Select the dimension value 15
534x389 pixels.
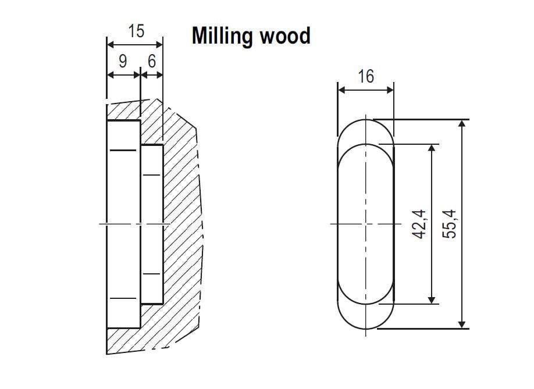click(136, 31)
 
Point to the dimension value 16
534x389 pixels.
click(366, 76)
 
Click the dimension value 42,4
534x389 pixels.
click(420, 224)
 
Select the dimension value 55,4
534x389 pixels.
click(451, 224)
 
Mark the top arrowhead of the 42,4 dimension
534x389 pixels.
click(432, 148)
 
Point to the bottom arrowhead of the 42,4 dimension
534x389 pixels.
click(432, 299)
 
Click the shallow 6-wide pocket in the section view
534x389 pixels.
click(151, 224)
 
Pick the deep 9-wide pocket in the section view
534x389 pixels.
click(123, 224)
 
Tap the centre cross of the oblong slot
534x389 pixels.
click(366, 224)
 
